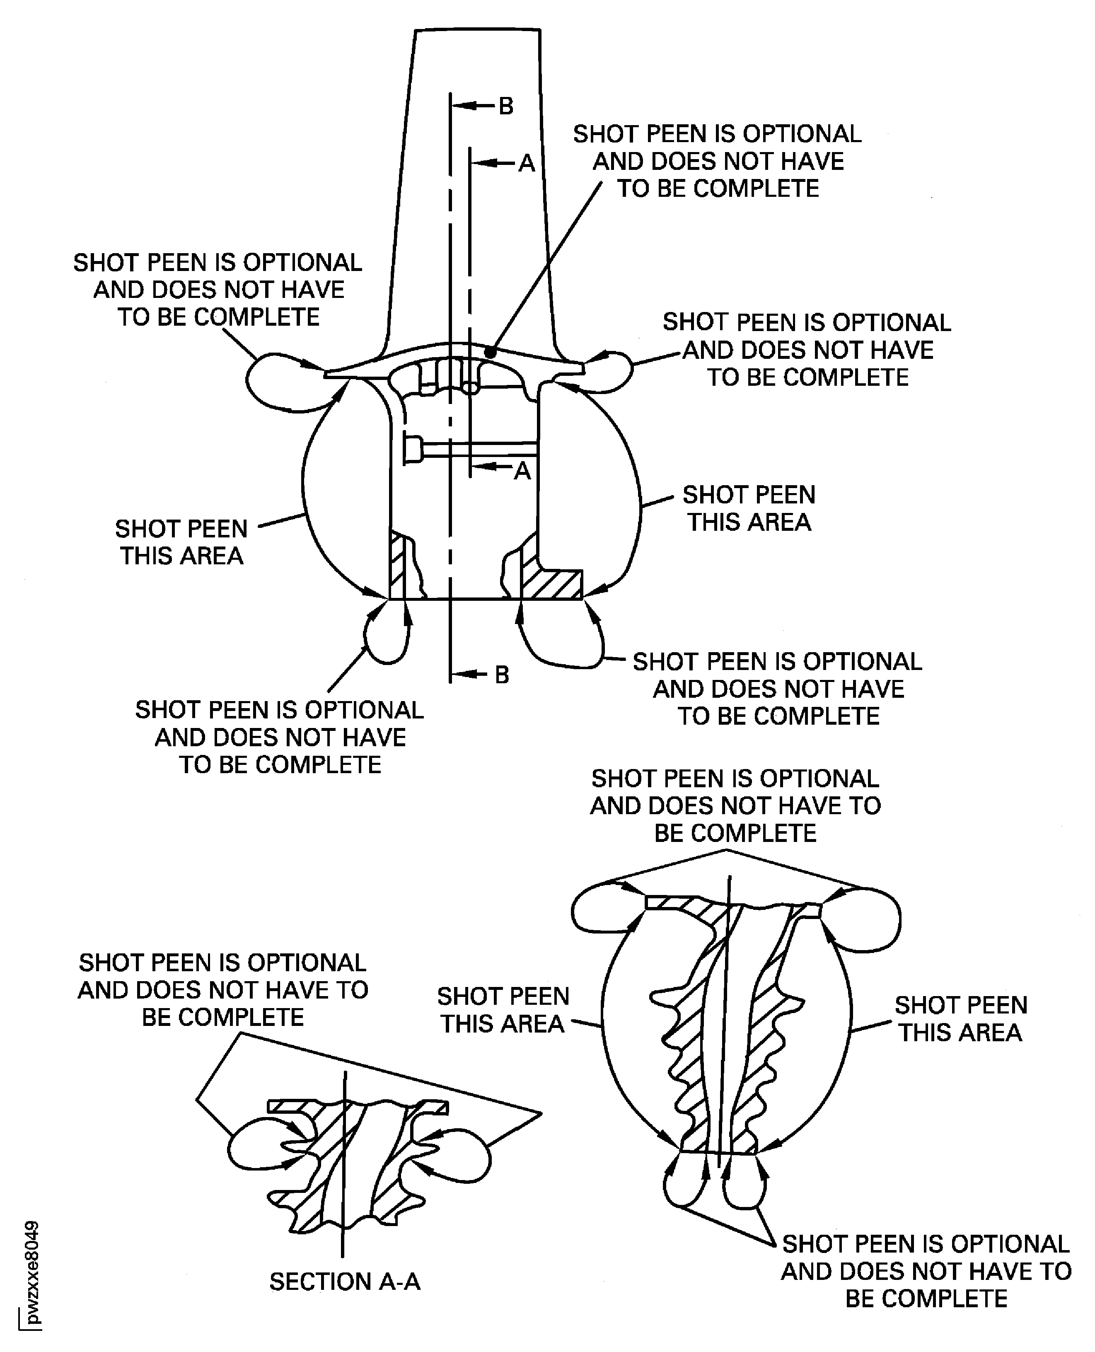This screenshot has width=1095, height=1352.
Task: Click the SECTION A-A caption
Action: pos(344,1281)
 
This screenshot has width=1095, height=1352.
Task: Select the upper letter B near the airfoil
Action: pos(506,106)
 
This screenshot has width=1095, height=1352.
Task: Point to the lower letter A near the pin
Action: pos(522,471)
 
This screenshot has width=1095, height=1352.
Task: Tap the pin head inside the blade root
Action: pos(413,449)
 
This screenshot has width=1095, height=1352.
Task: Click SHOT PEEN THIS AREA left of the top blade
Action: pos(181,542)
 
